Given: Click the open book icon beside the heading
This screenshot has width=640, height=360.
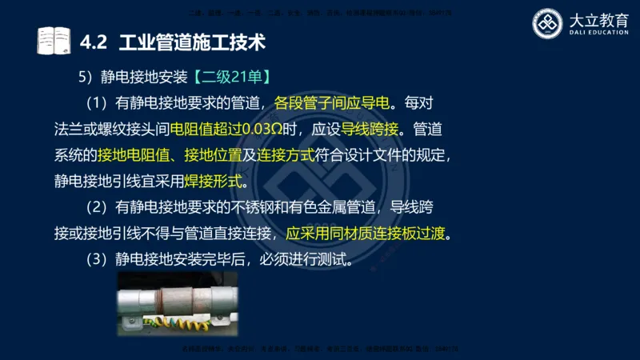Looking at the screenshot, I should (x=54, y=39).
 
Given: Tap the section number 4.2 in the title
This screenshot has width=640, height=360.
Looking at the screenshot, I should (x=94, y=39).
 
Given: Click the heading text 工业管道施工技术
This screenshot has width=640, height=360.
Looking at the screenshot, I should (x=191, y=39).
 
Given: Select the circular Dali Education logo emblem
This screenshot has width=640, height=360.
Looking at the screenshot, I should (x=549, y=24).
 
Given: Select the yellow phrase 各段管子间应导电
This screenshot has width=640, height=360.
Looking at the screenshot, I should (x=331, y=103).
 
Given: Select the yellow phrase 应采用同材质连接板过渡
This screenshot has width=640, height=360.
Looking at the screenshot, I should (x=368, y=234).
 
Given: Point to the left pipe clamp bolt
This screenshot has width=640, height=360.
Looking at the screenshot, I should (x=129, y=320).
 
